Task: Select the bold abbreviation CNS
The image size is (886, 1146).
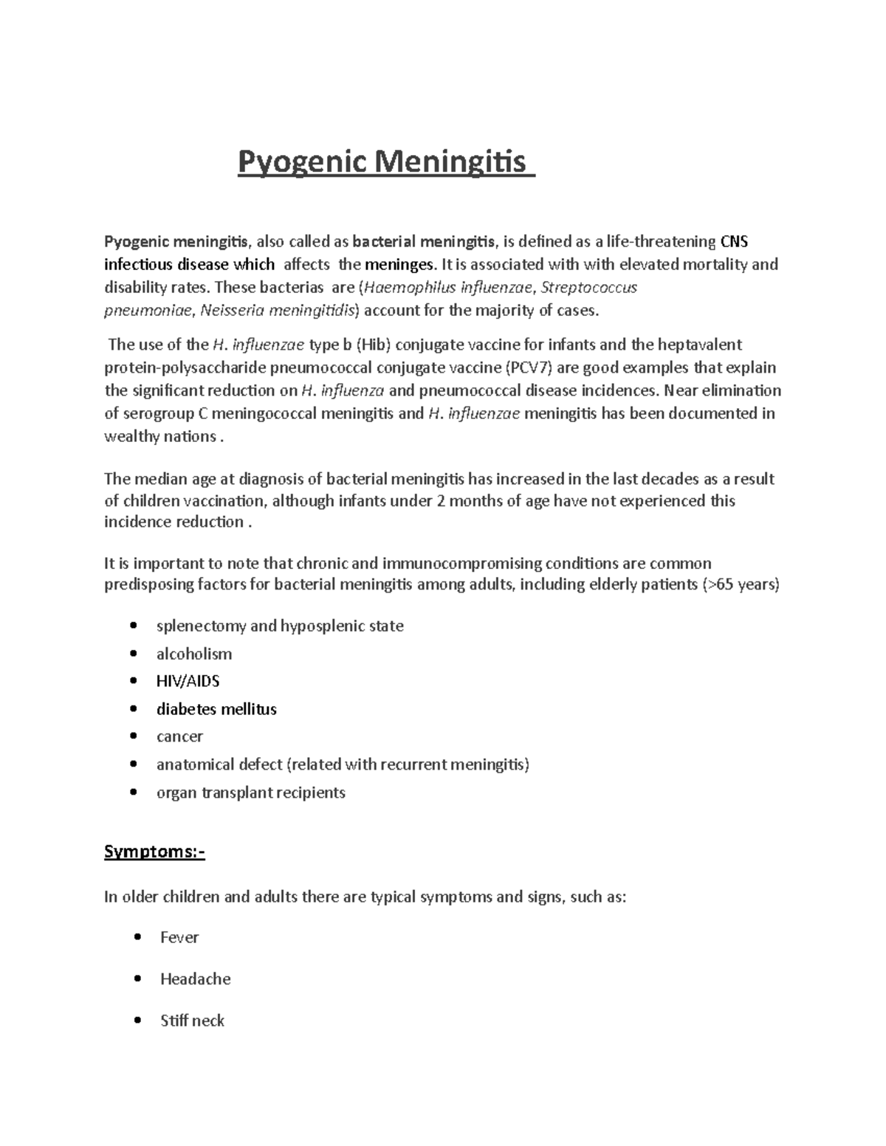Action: [x=734, y=242]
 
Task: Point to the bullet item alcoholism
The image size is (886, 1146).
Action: [x=194, y=655]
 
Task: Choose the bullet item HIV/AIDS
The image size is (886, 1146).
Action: [x=188, y=682]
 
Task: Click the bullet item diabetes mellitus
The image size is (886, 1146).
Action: [x=216, y=710]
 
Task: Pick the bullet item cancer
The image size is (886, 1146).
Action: [x=179, y=737]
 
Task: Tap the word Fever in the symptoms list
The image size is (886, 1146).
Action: [x=179, y=938]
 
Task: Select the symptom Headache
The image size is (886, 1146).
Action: [x=195, y=979]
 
